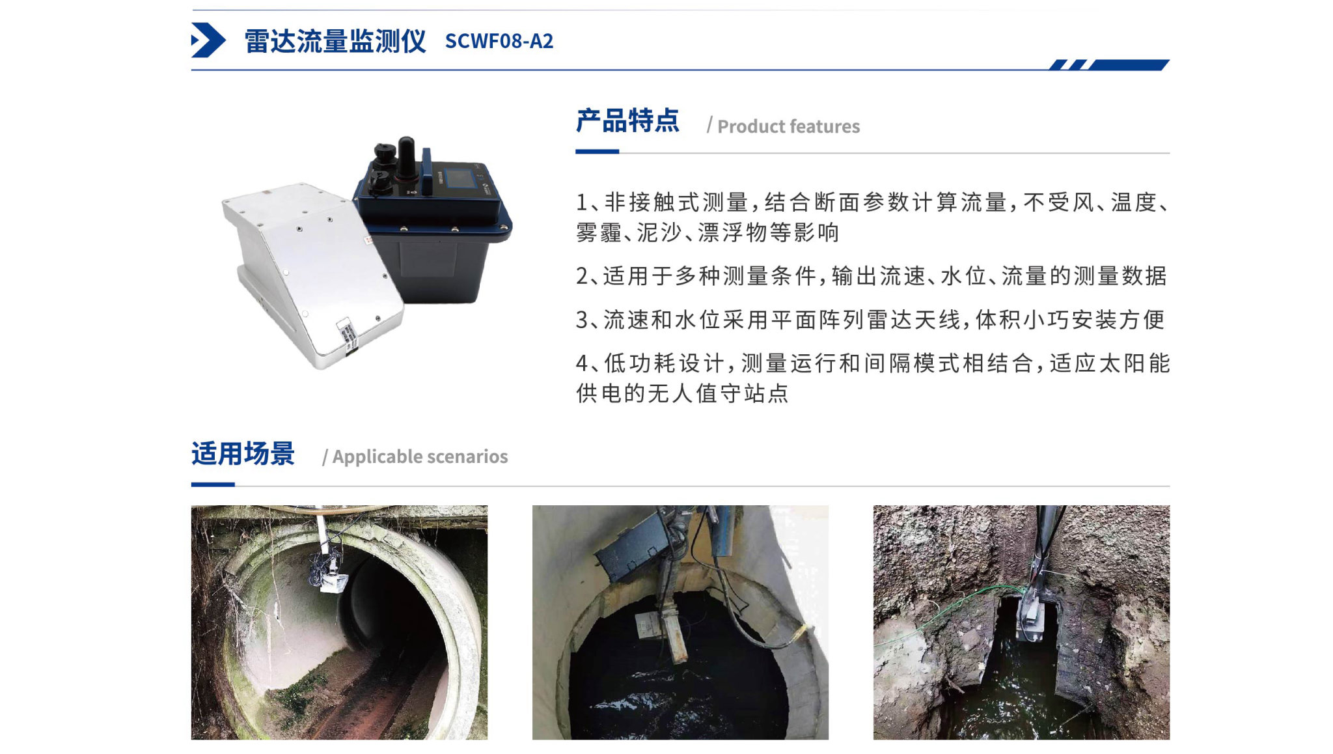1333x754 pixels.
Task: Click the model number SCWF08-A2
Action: [x=499, y=41]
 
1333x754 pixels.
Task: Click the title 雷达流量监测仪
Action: [x=335, y=41]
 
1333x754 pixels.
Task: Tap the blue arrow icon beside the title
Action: [x=208, y=40]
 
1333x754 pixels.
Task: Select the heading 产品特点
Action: [x=627, y=121]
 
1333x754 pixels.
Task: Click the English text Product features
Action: [x=788, y=126]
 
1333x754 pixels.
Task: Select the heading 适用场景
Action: [x=243, y=454]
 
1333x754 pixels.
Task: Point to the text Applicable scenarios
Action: [x=420, y=456]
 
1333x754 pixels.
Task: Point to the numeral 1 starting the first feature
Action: [x=582, y=202]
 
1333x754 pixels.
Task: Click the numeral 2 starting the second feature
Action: [x=582, y=276]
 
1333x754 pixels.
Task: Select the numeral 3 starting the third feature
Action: [x=582, y=320]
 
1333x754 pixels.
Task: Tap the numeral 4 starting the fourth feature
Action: [x=582, y=363]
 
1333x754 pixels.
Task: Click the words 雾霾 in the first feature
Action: [x=599, y=232]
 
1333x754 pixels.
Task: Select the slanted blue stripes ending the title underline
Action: [x=1109, y=64]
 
